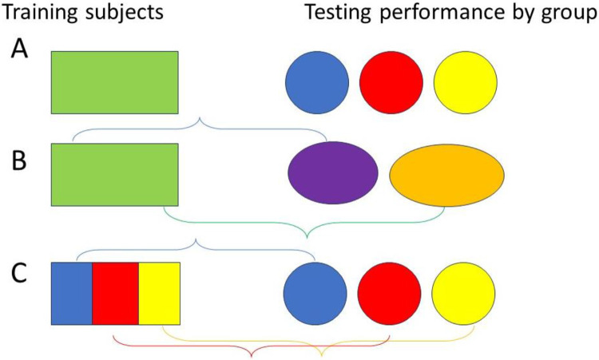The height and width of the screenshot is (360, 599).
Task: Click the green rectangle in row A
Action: tap(115, 82)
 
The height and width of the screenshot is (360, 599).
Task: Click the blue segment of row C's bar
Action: tap(72, 293)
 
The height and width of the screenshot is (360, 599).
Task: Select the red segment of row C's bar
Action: tap(116, 293)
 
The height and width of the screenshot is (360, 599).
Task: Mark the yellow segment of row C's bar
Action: tap(159, 293)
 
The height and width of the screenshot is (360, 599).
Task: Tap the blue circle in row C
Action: tap(315, 293)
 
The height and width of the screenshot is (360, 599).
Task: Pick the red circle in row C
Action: tap(389, 293)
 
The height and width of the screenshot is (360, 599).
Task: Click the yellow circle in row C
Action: tap(463, 293)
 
